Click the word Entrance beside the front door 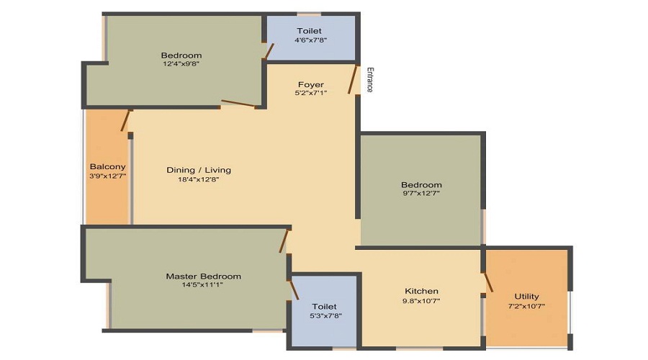(370, 80)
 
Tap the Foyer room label (311, 85)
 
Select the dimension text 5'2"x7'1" (311, 93)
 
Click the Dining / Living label (199, 170)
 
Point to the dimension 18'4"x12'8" (199, 179)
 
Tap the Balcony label (107, 166)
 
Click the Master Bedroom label (203, 276)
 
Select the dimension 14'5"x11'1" (202, 285)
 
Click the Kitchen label (421, 291)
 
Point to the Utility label (526, 297)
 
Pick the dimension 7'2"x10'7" (526, 306)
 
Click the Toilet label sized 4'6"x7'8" (309, 31)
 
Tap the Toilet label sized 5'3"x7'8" (325, 307)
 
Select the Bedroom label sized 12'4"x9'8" (181, 55)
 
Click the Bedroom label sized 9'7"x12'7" (421, 185)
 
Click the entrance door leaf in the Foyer (352, 79)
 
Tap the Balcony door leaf (125, 121)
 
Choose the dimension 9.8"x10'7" (421, 301)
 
